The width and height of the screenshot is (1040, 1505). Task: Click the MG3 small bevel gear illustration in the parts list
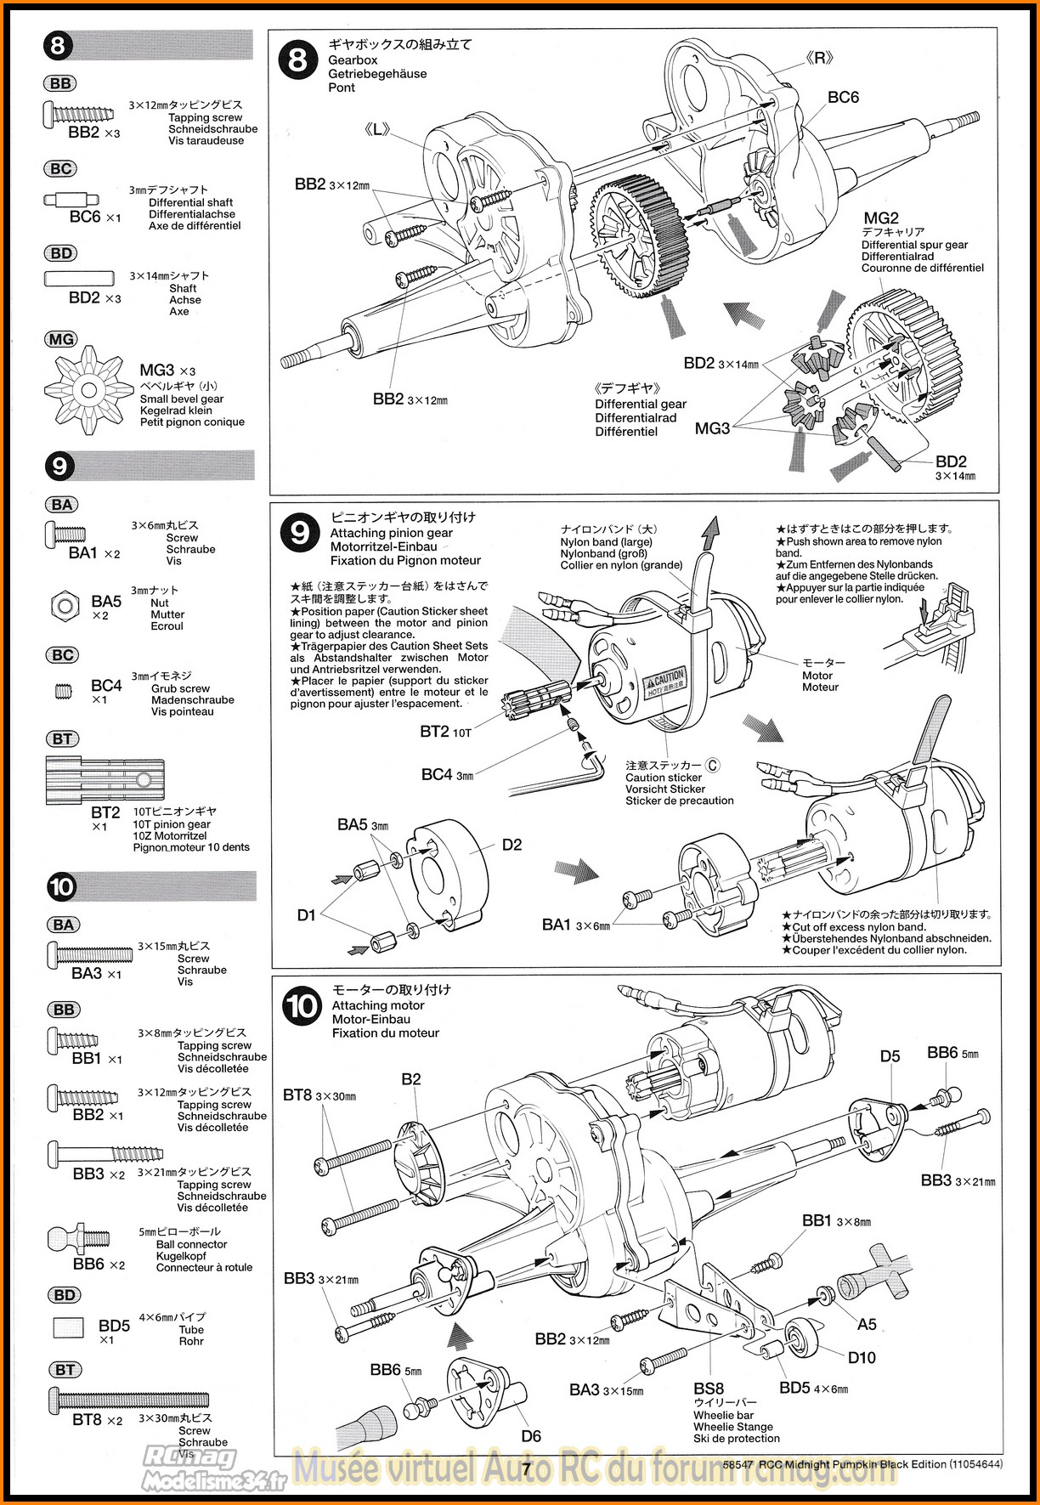coord(89,390)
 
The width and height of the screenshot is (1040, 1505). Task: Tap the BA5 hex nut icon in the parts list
coord(65,605)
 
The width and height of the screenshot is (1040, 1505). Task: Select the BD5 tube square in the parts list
coord(68,1328)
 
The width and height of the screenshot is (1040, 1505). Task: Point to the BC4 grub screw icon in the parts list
coord(64,691)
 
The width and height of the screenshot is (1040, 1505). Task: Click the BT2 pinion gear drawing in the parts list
coord(105,780)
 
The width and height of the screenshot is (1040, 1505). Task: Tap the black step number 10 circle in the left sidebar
coord(61,887)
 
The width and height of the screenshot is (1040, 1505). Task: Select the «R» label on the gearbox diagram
coord(819,58)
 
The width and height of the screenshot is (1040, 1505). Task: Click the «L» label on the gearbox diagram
coord(376,130)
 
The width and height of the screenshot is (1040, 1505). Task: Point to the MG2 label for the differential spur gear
coord(881,218)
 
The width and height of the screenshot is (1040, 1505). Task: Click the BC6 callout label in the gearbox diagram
coord(843,98)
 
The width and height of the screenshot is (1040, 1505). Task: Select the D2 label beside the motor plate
coord(512,845)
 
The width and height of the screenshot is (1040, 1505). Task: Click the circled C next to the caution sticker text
coord(712,765)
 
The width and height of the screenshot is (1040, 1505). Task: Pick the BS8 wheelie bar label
coord(709,1389)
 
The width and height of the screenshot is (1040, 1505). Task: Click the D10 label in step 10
coord(862,1357)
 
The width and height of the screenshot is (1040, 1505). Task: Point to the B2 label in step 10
coord(411,1079)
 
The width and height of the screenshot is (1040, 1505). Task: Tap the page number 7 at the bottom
coord(527,1468)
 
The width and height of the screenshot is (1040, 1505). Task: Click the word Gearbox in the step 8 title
coord(353,60)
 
